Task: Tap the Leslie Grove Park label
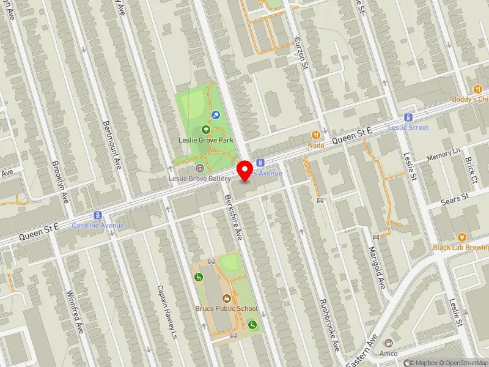point(206,140)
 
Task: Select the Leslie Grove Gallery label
point(200,178)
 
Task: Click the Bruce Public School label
point(227,308)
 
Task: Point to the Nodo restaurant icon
point(316,135)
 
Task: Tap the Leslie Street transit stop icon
point(408,117)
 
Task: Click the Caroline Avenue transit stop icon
point(97,215)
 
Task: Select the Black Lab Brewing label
point(461,247)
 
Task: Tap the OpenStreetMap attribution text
point(462,363)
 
